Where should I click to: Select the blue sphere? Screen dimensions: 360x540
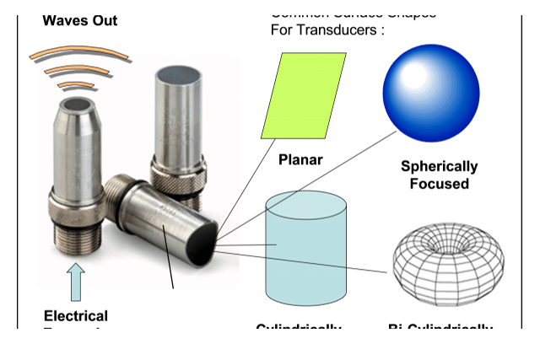(x=430, y=90)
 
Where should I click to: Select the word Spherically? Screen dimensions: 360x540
(x=439, y=166)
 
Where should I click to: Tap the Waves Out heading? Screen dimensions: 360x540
(x=80, y=20)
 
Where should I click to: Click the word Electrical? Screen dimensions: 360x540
(x=76, y=316)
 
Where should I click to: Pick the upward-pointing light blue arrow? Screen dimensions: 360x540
(x=77, y=282)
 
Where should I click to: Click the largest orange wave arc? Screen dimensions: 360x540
(x=79, y=55)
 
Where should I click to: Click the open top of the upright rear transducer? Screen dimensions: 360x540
(x=175, y=78)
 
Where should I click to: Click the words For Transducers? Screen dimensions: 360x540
(x=327, y=30)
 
